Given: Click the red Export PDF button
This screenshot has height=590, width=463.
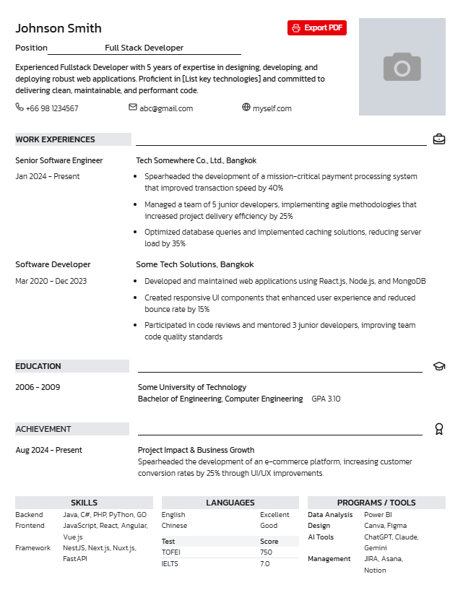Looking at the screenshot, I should [316, 28].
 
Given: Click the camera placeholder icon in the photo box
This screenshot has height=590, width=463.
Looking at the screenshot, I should [402, 66].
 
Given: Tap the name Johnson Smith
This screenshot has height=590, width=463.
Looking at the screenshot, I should [59, 28].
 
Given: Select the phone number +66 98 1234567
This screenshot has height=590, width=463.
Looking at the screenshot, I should [52, 108].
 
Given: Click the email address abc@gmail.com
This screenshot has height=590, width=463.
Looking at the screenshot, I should [166, 108].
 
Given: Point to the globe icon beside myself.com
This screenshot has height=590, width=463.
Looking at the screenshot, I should [246, 108].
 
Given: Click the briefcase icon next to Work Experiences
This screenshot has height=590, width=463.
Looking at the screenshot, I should [439, 139].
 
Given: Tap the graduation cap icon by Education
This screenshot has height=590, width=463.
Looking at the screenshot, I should [439, 366].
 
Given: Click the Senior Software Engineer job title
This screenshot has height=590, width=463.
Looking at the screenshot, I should [59, 160].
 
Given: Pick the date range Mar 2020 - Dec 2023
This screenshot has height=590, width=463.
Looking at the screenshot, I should [51, 281].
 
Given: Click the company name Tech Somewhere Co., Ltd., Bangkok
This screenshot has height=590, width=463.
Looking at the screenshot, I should [196, 160].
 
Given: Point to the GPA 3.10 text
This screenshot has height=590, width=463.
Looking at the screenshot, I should [326, 399].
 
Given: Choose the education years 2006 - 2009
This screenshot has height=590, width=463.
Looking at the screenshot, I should [38, 387].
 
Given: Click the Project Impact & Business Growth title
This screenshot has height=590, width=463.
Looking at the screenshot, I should [196, 450].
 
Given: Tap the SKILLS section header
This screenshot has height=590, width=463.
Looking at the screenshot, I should [84, 503].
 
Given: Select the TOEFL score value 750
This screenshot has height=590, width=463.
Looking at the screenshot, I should [266, 552].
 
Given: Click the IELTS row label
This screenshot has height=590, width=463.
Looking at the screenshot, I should [170, 563].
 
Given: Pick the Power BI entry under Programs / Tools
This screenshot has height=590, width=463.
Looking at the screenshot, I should [378, 515].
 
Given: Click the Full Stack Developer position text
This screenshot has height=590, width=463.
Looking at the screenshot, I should [144, 48].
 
